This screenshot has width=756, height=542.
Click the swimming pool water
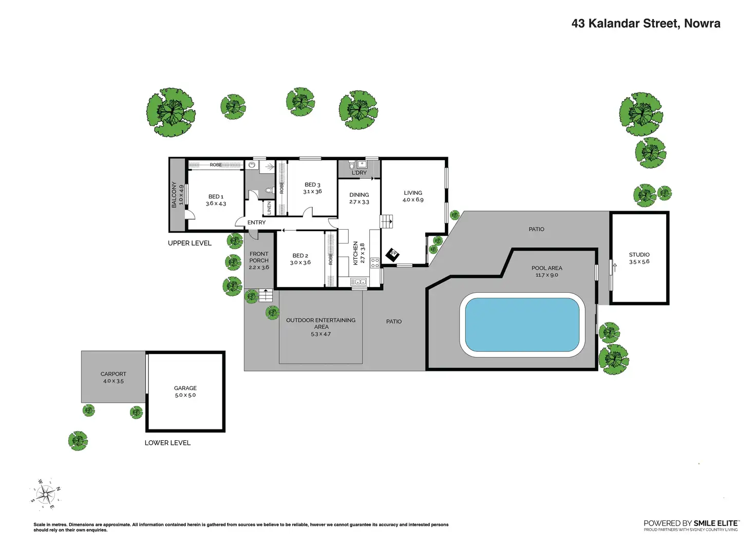click(x=522, y=325)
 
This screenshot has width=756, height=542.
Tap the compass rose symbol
click(x=46, y=494)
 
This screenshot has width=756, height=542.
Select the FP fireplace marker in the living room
click(x=393, y=254)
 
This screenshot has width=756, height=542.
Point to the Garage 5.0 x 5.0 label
click(x=185, y=391)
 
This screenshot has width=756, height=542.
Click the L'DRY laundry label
click(x=359, y=173)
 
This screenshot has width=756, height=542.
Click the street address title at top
click(x=646, y=24)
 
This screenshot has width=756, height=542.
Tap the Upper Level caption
click(x=190, y=243)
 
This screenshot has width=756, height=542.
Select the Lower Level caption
click(x=167, y=443)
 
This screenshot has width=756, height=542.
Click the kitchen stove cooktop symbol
click(x=375, y=263)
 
